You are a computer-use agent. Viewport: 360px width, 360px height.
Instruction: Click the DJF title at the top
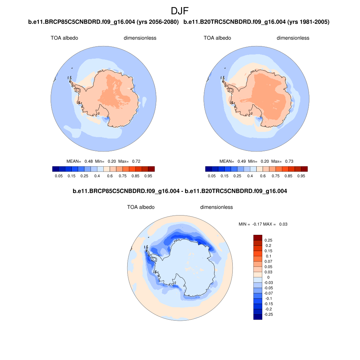[180, 11]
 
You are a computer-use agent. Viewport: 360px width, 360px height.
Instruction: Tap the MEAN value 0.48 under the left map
[89, 161]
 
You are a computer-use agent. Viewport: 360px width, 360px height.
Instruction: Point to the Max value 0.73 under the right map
[289, 161]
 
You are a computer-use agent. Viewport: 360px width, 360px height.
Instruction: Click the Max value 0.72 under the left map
[136, 161]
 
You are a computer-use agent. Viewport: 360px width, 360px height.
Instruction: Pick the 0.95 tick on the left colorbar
[148, 175]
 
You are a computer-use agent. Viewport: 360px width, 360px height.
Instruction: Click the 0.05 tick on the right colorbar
[212, 175]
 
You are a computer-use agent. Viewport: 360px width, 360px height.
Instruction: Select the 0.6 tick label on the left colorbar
[110, 175]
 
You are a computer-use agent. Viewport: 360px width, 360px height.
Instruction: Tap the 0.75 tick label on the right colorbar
[276, 175]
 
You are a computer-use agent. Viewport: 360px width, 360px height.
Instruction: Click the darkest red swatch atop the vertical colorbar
[258, 238]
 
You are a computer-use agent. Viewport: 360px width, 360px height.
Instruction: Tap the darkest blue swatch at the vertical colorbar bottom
[258, 317]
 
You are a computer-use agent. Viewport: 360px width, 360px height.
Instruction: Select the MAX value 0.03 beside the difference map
[283, 224]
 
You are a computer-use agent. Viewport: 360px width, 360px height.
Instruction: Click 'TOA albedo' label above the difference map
[141, 207]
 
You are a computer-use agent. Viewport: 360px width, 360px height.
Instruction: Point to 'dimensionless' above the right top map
[293, 38]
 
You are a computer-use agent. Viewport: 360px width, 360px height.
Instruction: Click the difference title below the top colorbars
[180, 192]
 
